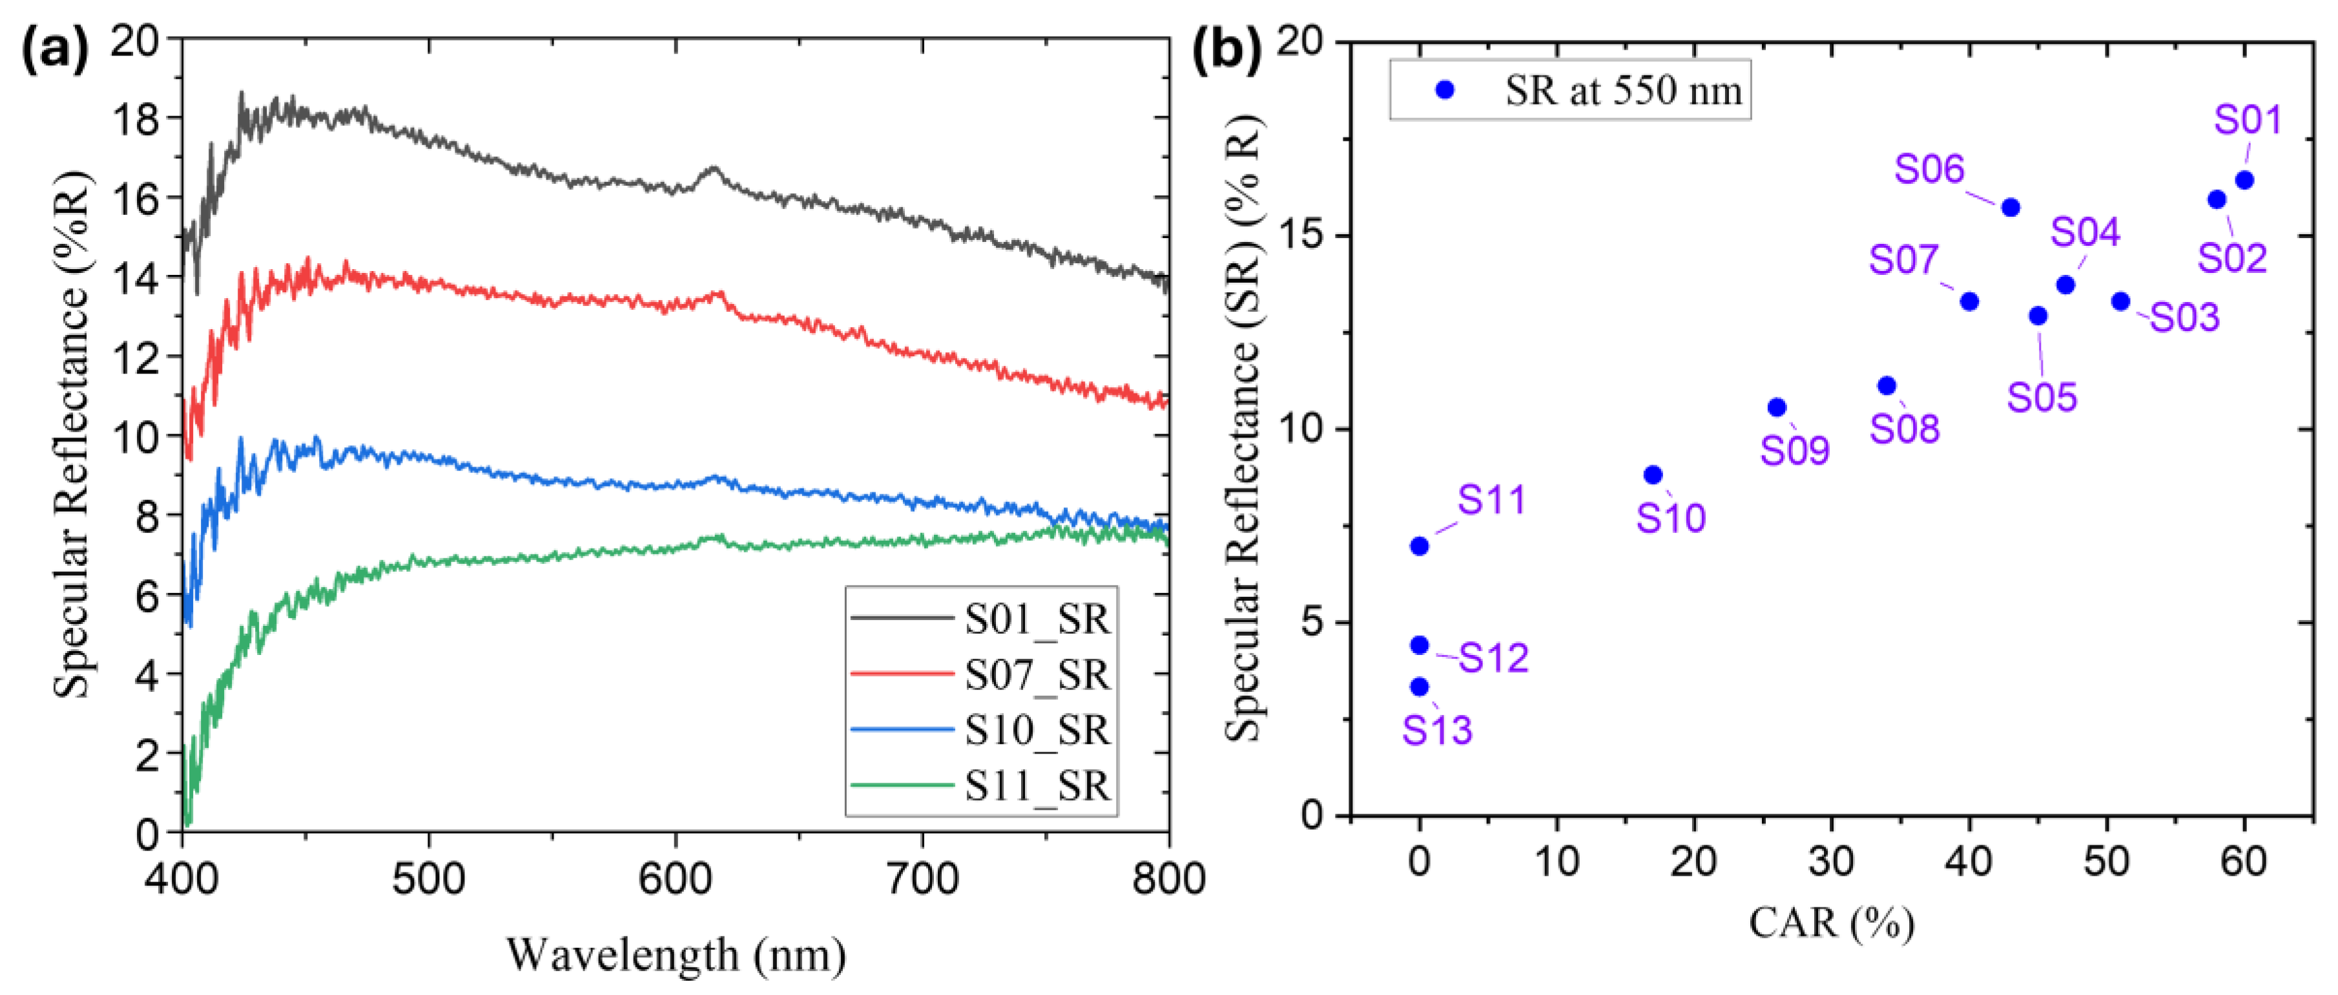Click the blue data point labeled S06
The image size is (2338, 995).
[2011, 208]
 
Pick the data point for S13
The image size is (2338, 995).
[1420, 687]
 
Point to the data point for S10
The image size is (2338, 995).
[1653, 476]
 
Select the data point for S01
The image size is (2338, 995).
[2244, 181]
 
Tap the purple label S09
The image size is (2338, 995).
[1794, 451]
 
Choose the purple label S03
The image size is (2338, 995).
[2185, 317]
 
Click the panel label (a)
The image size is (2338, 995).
[54, 50]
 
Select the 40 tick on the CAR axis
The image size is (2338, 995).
[1969, 861]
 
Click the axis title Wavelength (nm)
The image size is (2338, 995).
[676, 955]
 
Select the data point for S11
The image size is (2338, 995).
[1420, 546]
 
